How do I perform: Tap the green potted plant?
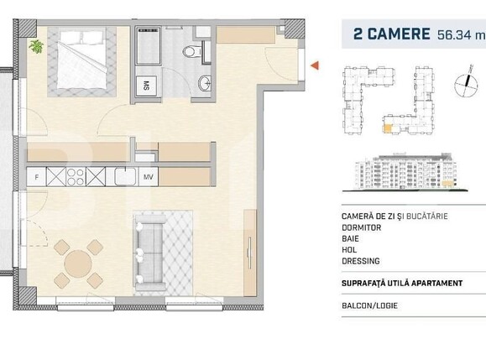(36, 46)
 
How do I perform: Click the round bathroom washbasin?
(204, 83)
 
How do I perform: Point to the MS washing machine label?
(145, 85)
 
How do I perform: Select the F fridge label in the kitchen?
(36, 177)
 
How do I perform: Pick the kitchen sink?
(123, 177)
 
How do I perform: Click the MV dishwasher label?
(147, 177)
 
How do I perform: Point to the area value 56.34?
(454, 34)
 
